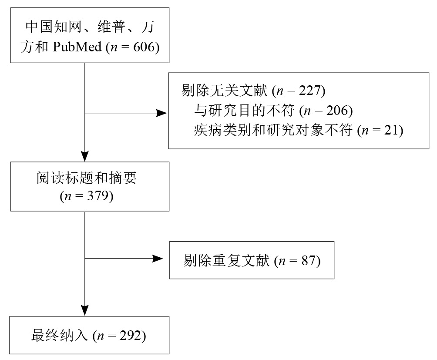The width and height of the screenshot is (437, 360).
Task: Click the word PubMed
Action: coord(77,47)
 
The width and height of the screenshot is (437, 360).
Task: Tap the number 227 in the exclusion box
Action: coord(309,90)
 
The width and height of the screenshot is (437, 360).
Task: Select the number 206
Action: coord(337,110)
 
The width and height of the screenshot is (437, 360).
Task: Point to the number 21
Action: coord(391,130)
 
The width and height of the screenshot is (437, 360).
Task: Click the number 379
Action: coord(97,195)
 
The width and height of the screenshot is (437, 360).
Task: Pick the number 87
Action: coord(308,261)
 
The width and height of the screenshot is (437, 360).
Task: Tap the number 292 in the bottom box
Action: coord(130,336)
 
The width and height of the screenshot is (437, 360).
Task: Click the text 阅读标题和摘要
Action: coord(87,178)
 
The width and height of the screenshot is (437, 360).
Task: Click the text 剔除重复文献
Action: coord(227,260)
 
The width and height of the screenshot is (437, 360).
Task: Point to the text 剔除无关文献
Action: coord(224,90)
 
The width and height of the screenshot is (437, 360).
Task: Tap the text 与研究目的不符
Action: coord(245,110)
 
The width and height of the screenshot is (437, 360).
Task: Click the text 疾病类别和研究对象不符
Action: coord(273,130)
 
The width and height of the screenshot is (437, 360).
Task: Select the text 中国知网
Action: coord(54,27)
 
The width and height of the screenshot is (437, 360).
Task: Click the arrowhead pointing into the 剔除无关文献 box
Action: coord(161,113)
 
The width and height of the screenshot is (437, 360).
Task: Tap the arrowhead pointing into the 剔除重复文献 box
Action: coord(157,259)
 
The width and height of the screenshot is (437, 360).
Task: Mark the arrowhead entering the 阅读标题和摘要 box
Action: coord(85,156)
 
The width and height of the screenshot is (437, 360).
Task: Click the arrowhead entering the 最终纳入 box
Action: coord(85,310)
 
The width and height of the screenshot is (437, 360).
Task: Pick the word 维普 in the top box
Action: coord(111,27)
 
